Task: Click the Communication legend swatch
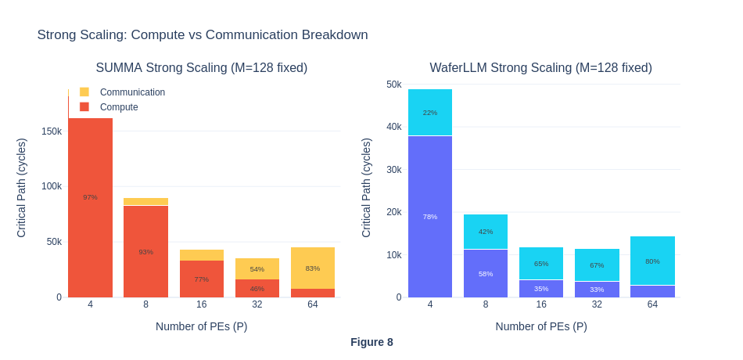coord(84,92)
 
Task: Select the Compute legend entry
coord(119,107)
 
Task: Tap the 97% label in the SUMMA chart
coord(91,197)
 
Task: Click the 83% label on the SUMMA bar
coord(313,268)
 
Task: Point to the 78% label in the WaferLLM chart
coord(430,217)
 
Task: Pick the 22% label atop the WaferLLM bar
coord(430,113)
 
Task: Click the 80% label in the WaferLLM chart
coord(652,261)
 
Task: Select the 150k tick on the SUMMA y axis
coord(52,131)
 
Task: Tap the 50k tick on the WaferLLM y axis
coord(393,85)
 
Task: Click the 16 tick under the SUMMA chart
coord(202,304)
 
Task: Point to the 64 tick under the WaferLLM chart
coord(652,304)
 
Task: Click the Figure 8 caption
coord(371,342)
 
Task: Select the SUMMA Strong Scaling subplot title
coord(202,68)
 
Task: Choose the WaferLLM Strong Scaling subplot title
coord(540,68)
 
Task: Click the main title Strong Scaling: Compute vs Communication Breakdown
coord(203,35)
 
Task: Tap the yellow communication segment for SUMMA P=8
coord(146,202)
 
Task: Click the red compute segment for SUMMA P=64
coord(313,293)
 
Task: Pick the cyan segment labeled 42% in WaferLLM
coord(486,232)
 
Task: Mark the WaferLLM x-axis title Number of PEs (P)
coord(541,326)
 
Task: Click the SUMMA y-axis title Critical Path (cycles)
coord(22,188)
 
